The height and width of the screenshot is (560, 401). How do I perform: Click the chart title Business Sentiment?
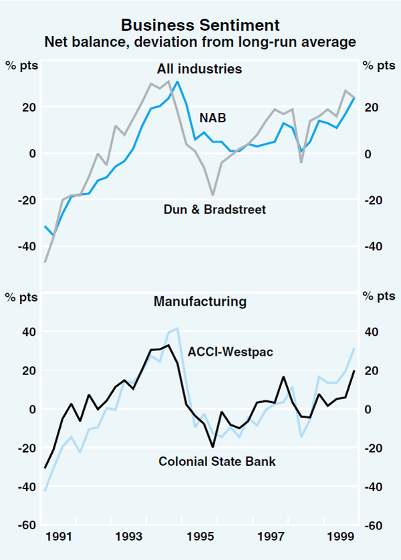[x=200, y=26]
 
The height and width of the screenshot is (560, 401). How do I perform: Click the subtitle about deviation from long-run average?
[x=200, y=42]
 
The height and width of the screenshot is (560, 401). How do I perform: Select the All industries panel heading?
[x=199, y=69]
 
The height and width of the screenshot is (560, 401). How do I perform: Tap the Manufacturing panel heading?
[x=200, y=302]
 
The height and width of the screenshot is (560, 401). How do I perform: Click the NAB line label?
[x=213, y=118]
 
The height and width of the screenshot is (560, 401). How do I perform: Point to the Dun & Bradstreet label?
[x=215, y=210]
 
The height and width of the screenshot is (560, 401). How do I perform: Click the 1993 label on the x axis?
[x=128, y=537]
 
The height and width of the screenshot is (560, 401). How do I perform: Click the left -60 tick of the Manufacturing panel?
[x=27, y=526]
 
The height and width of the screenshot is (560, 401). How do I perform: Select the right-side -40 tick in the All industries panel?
[x=372, y=246]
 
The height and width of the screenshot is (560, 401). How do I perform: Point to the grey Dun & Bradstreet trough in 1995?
[x=213, y=195]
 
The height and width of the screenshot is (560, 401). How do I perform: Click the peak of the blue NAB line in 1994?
[x=177, y=81]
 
